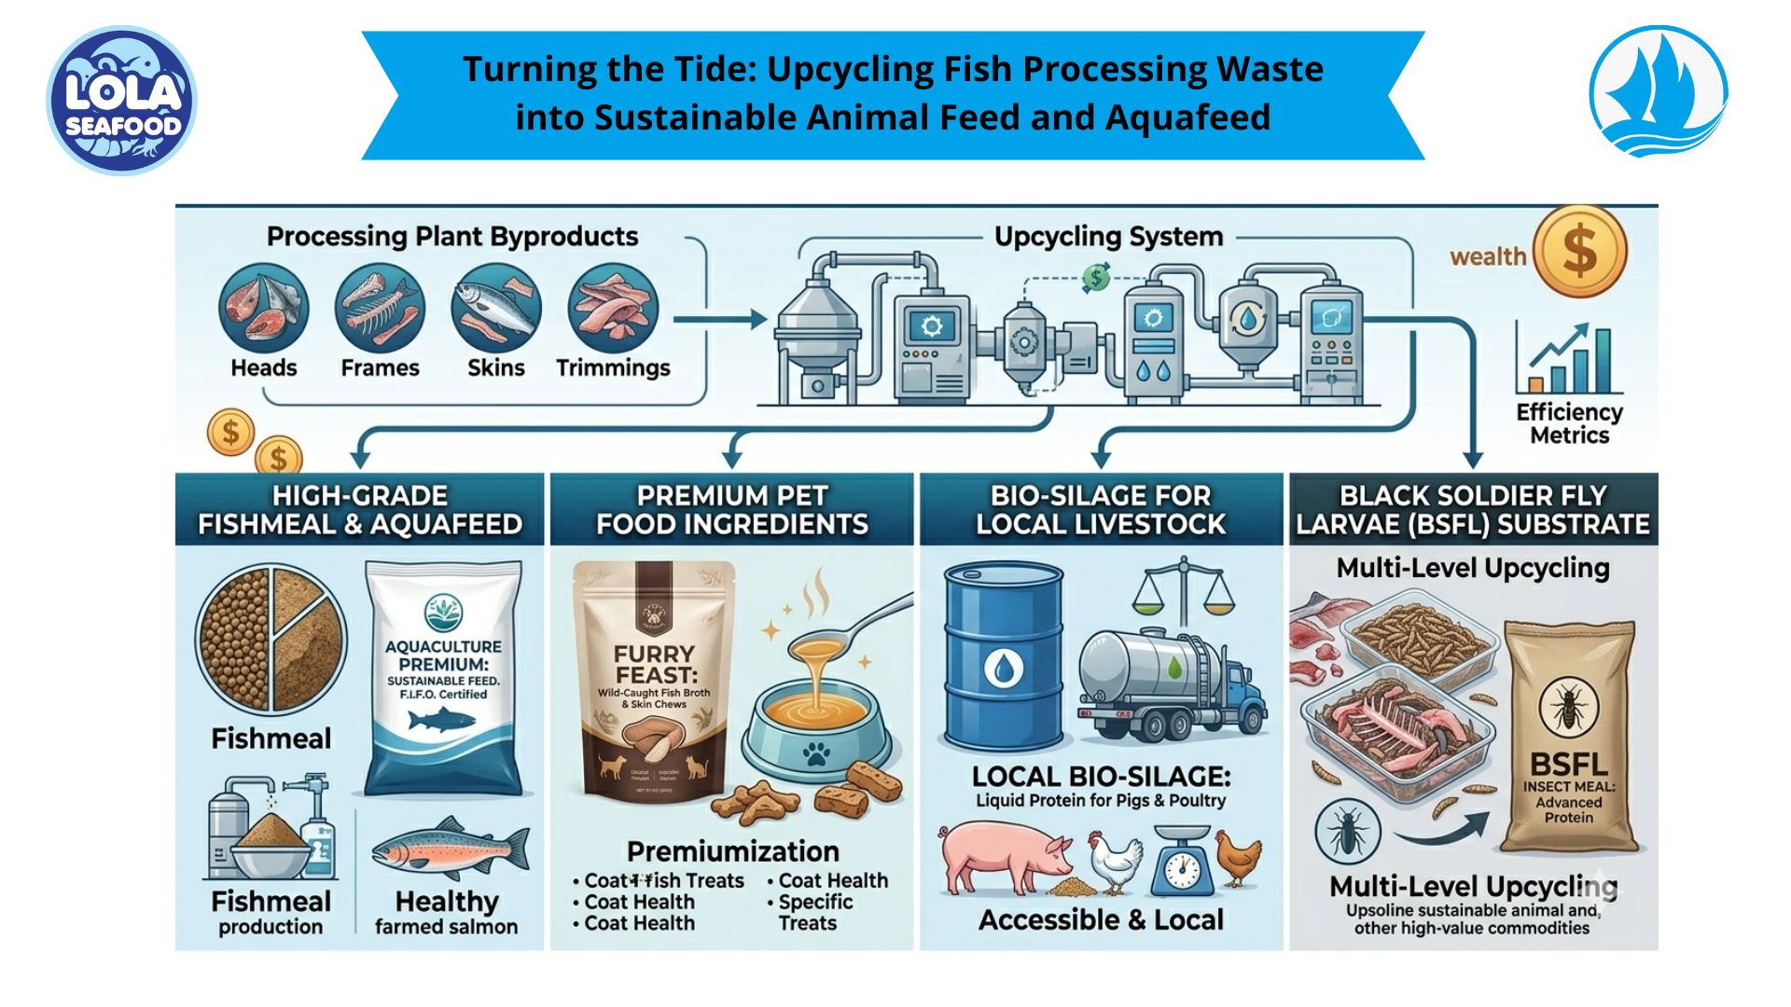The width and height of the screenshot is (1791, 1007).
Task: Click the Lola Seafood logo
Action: tap(121, 101)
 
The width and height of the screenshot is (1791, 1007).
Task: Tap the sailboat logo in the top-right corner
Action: tap(1659, 91)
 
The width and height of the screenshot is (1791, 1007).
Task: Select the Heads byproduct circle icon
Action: tap(263, 308)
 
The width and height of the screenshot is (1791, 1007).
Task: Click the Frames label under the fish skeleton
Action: tap(380, 368)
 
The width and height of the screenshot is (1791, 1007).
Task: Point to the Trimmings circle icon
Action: tap(613, 308)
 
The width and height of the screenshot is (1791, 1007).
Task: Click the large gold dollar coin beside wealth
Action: tap(1579, 252)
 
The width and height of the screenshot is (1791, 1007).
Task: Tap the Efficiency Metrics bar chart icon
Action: tap(1569, 359)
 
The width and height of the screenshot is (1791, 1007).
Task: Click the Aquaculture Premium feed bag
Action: tap(442, 677)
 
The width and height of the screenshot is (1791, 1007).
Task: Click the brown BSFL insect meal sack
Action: tap(1569, 737)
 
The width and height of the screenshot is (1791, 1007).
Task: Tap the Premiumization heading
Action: tap(732, 851)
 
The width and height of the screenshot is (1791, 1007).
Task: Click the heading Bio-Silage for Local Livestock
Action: tap(1101, 509)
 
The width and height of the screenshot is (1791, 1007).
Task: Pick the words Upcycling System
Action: tap(1108, 237)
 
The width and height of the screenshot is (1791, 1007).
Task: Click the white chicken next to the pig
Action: tap(1116, 862)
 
